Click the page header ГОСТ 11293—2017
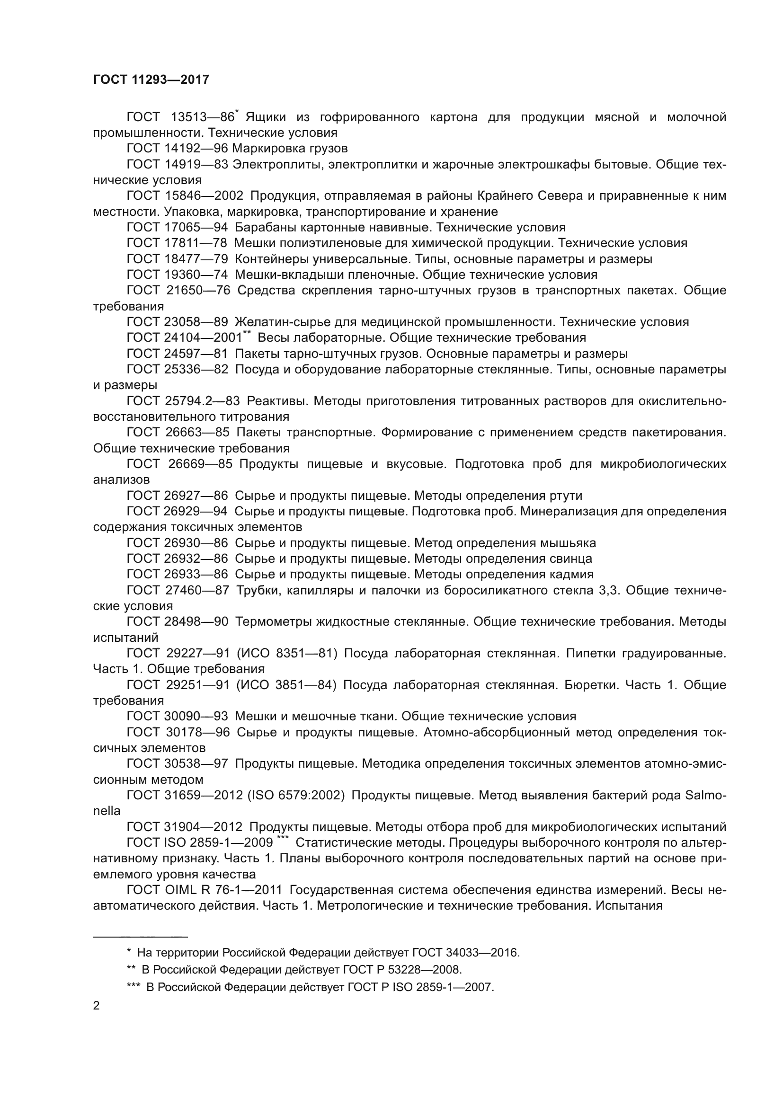tap(151, 80)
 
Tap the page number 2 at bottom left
tap(97, 1006)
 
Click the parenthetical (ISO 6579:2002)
tap(295, 795)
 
